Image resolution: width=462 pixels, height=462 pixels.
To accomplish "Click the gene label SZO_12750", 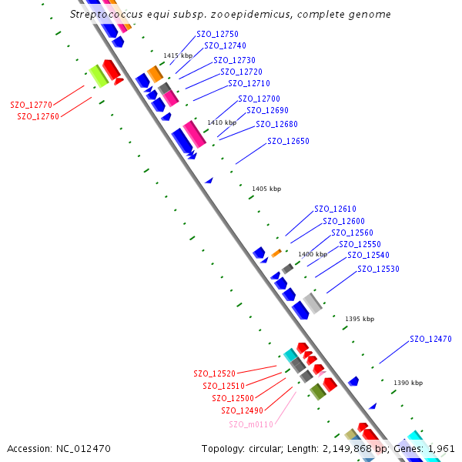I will (217, 35).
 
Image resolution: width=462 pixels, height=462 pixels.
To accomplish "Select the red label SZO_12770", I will (31, 105).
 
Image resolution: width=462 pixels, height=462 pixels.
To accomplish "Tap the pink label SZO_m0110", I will (251, 424).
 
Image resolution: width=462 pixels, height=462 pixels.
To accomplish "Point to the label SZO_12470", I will (430, 339).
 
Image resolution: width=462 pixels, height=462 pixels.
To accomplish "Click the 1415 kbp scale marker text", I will (177, 55).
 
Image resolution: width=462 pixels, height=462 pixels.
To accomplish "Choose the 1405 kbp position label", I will (266, 189).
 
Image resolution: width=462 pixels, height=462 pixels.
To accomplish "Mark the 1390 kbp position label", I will (407, 383).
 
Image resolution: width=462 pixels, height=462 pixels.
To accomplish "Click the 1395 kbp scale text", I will (360, 319).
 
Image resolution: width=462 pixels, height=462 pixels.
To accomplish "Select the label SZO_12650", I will (288, 142).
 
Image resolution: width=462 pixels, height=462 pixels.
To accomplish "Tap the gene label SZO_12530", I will (379, 269).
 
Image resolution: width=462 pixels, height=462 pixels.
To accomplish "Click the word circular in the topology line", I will (272, 448).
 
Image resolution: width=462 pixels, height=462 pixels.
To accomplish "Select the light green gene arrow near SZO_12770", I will (97, 75).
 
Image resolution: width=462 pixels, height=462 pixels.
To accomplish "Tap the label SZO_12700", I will (259, 99).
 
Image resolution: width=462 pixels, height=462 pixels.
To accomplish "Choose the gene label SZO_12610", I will (335, 209).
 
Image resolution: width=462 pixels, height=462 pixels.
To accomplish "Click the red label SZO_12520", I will (214, 373).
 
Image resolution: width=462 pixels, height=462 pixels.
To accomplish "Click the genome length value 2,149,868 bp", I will (357, 448).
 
